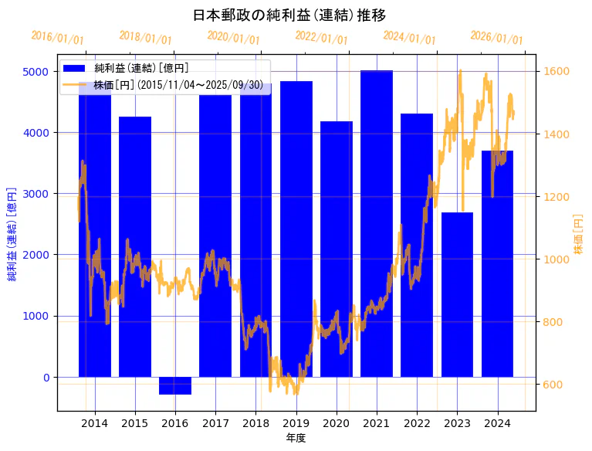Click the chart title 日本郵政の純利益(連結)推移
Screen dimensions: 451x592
[x=289, y=15]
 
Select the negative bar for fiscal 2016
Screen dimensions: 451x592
[x=175, y=385]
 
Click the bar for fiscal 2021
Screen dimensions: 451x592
[x=377, y=224]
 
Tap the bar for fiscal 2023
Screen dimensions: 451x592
[x=457, y=293]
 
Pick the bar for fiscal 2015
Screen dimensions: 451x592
[x=135, y=247]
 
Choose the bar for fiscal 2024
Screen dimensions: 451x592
[x=497, y=263]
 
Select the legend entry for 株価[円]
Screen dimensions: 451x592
[x=178, y=85]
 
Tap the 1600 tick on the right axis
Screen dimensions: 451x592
[x=553, y=72]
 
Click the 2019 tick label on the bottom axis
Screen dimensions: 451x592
[x=296, y=423]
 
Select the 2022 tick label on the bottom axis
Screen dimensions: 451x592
[x=417, y=423]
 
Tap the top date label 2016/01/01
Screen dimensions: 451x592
[x=58, y=38]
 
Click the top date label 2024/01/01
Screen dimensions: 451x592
[x=409, y=38]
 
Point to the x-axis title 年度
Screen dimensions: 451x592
[x=296, y=438]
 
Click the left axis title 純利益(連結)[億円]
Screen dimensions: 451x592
[x=12, y=234]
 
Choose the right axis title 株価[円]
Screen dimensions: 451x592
[x=579, y=234]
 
